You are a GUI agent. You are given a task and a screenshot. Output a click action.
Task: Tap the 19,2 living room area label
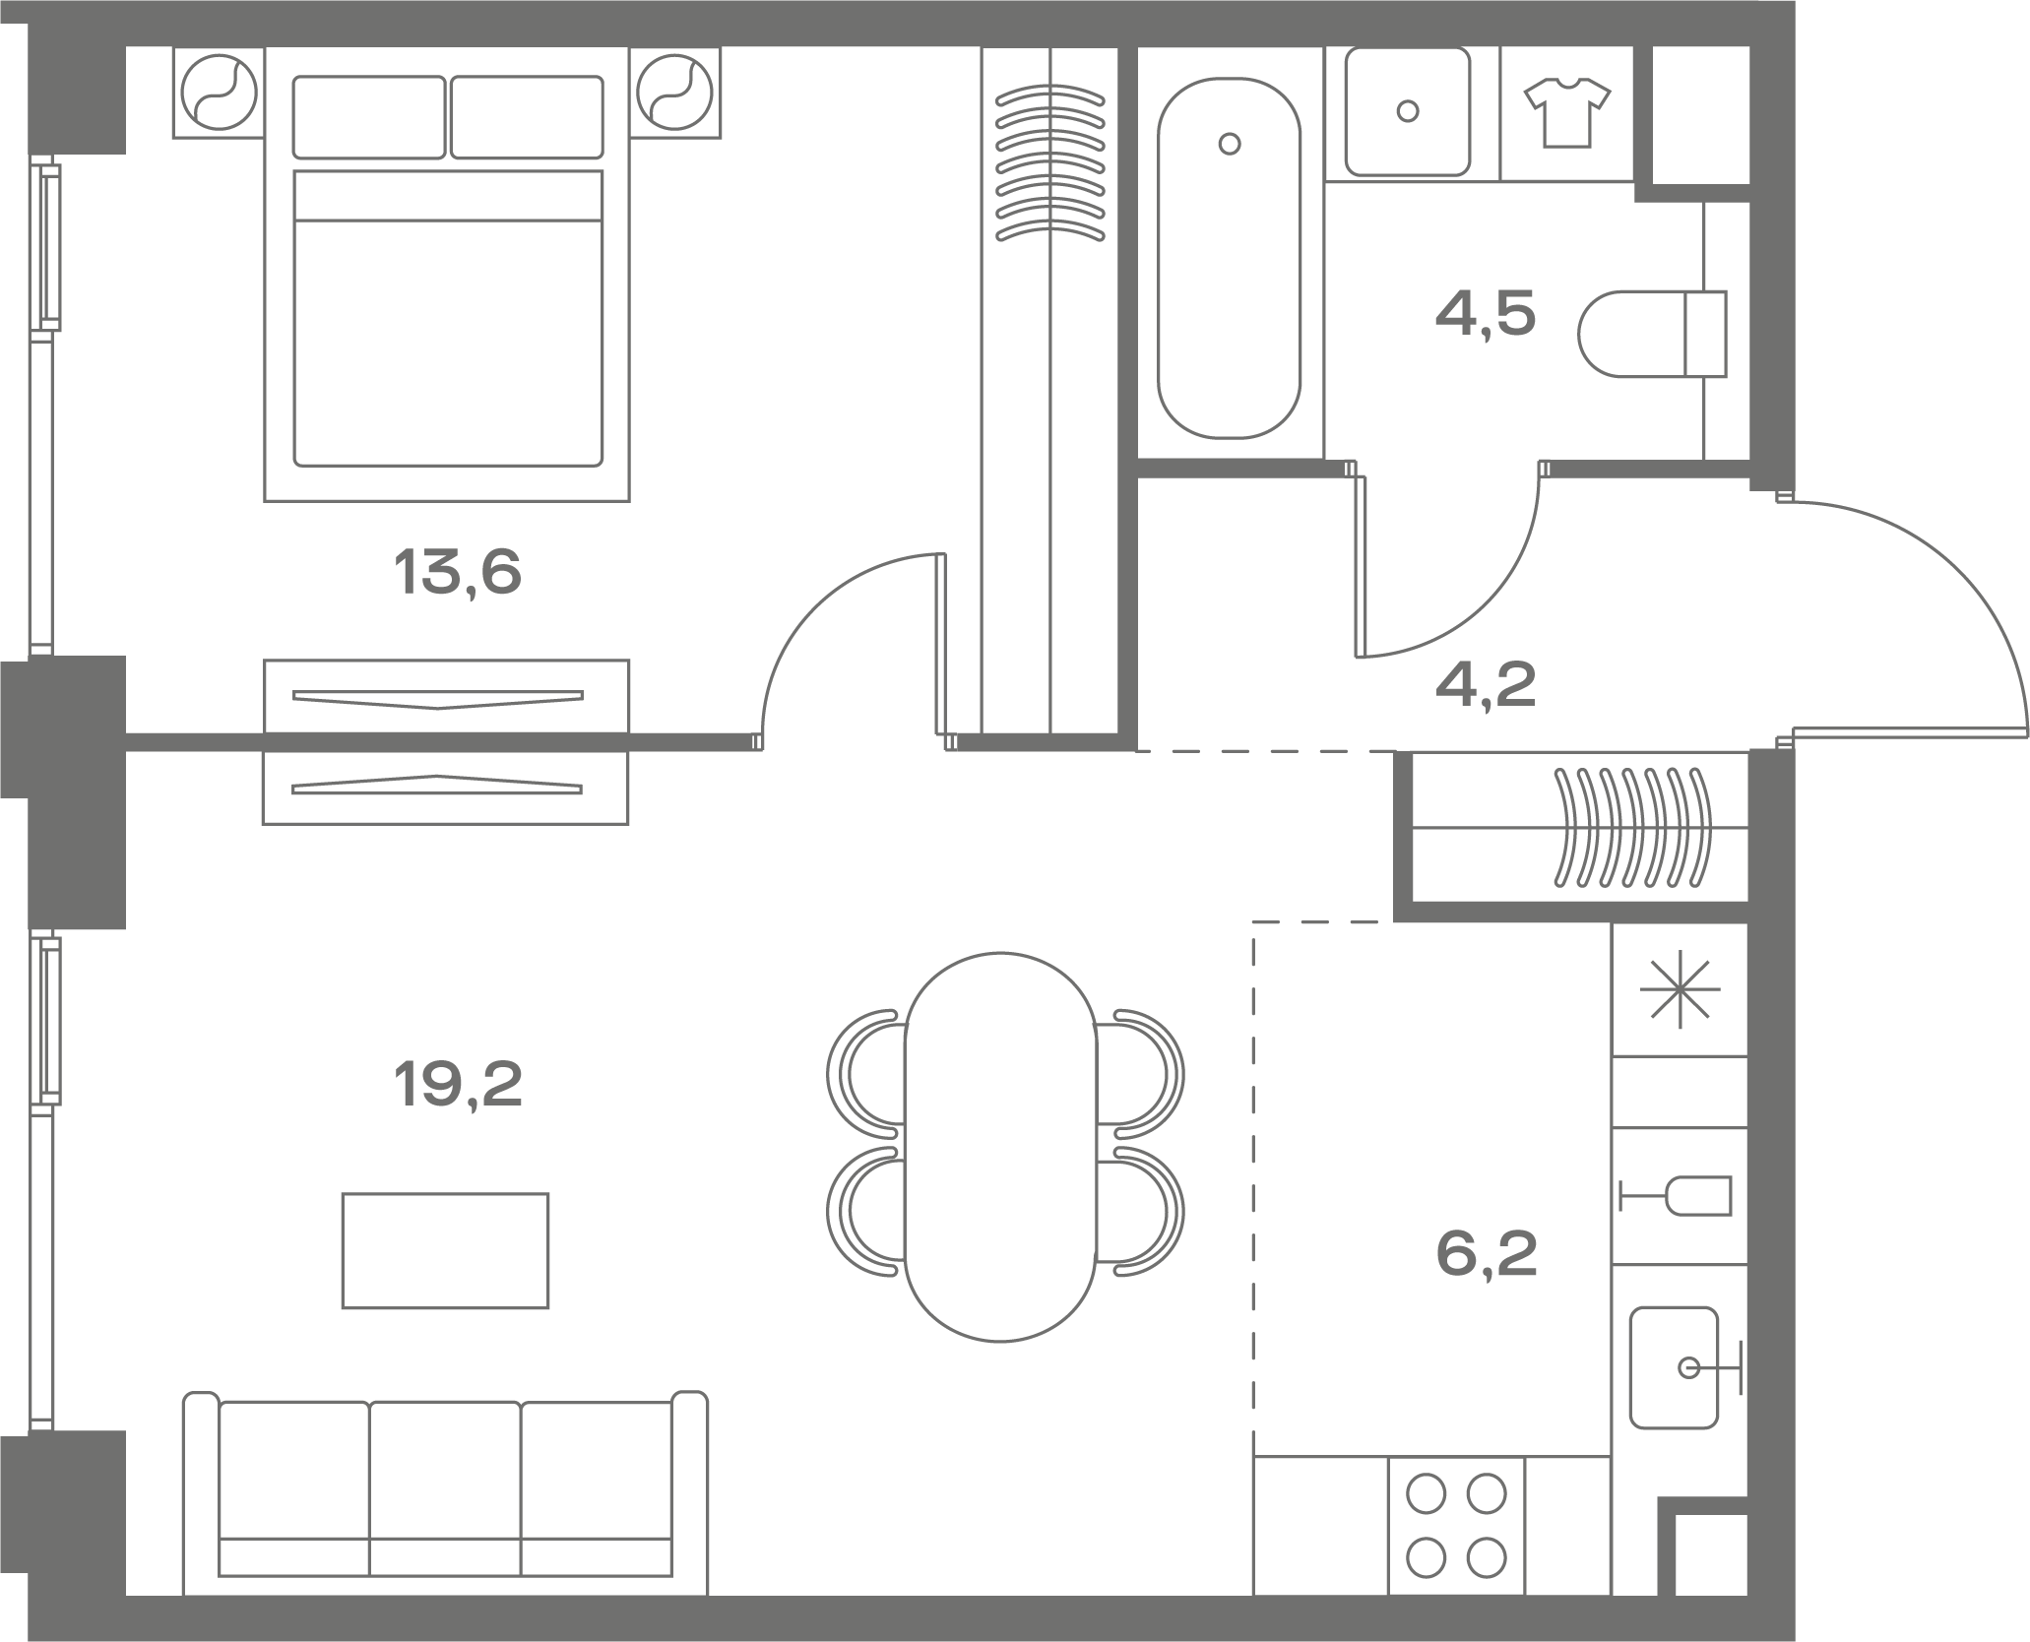click(458, 1084)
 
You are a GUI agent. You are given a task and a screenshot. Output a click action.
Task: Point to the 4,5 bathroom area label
click(1486, 314)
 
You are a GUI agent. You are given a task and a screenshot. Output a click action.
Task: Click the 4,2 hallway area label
click(1486, 685)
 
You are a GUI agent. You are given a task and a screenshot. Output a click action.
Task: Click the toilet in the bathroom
click(1652, 334)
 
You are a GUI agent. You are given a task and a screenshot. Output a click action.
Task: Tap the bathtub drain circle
click(1229, 144)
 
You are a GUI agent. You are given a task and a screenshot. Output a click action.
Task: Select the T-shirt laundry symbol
click(1567, 112)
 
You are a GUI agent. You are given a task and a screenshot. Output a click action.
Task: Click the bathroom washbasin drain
click(1408, 111)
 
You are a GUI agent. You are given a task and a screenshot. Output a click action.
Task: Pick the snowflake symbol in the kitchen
click(1681, 989)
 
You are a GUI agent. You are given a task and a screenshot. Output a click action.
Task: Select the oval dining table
click(1000, 1147)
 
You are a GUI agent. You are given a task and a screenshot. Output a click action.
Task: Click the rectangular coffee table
click(445, 1250)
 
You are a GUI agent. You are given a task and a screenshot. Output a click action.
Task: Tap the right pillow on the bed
click(527, 117)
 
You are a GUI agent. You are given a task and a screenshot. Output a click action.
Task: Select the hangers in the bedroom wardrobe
click(1050, 163)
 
